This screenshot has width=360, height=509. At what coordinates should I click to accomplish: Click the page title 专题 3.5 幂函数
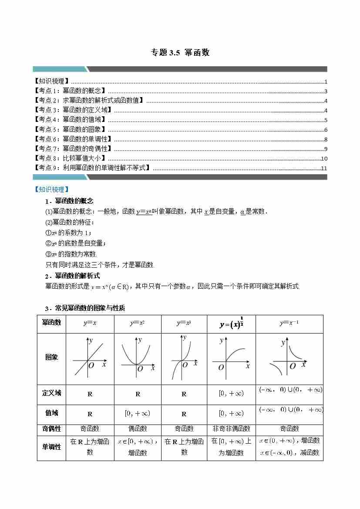pos(180,53)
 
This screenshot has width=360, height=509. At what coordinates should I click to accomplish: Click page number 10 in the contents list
pos(324,159)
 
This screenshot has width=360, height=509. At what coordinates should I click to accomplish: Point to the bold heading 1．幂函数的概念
pos(69,201)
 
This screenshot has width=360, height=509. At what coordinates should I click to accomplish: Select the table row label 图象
pos(51,357)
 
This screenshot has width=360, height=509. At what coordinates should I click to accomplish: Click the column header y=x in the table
pos(90,323)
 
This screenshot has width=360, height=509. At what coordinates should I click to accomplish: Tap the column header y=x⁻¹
pos(289,323)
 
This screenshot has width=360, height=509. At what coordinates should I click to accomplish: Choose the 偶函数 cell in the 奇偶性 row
pos(138,429)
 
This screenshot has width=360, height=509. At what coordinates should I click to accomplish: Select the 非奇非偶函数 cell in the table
pos(231,429)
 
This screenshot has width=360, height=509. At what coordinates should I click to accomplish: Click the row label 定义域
pos(51,393)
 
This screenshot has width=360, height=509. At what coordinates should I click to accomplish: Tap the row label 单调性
pos(51,447)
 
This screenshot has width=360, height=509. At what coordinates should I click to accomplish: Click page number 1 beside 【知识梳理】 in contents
pos(326,82)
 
